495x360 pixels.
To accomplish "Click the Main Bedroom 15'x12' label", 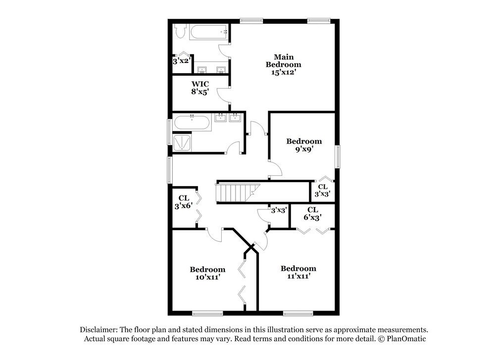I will (283, 64).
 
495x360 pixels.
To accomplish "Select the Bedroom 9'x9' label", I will (304, 145).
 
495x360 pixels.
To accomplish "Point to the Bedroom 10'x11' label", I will (207, 273).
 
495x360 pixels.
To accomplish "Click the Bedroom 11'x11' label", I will (298, 272).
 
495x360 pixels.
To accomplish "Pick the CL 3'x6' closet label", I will (183, 202).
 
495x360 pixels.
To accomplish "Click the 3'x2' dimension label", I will (181, 61).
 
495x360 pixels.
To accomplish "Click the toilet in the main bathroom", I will (180, 32).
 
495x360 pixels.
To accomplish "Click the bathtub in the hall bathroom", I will (192, 123).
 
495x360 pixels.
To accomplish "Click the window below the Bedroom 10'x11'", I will (207, 312).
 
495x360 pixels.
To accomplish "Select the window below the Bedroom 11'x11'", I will (298, 312).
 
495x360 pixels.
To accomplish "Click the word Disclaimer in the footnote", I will (98, 330).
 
